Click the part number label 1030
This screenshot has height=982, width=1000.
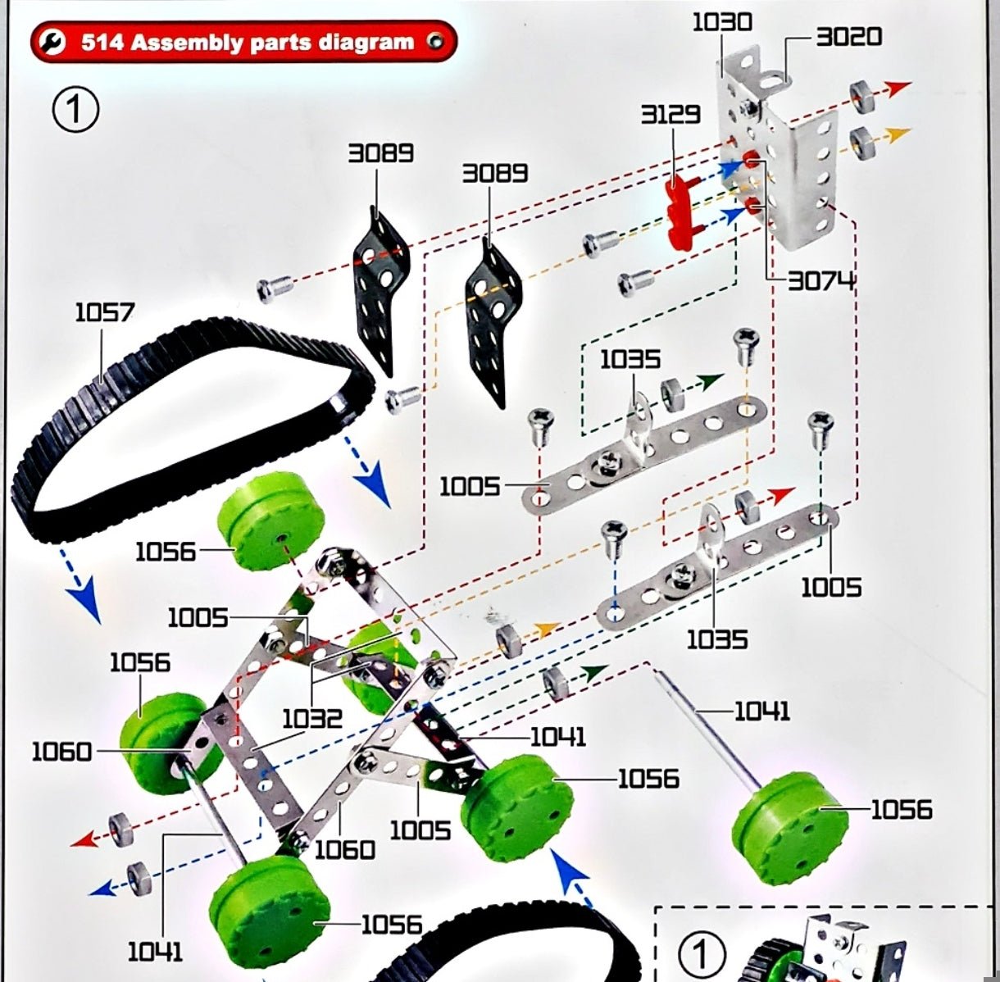[x=721, y=20]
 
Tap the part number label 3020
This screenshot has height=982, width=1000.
[x=848, y=36]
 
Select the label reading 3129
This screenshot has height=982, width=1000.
[x=670, y=114]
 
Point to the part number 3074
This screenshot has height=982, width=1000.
[x=821, y=281]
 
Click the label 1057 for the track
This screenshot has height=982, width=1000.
[x=104, y=312]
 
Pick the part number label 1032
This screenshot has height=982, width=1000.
[x=312, y=719]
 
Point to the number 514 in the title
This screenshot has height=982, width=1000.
[x=103, y=42]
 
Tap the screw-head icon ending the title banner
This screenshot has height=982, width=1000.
[x=435, y=42]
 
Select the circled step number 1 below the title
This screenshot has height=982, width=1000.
[x=75, y=110]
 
